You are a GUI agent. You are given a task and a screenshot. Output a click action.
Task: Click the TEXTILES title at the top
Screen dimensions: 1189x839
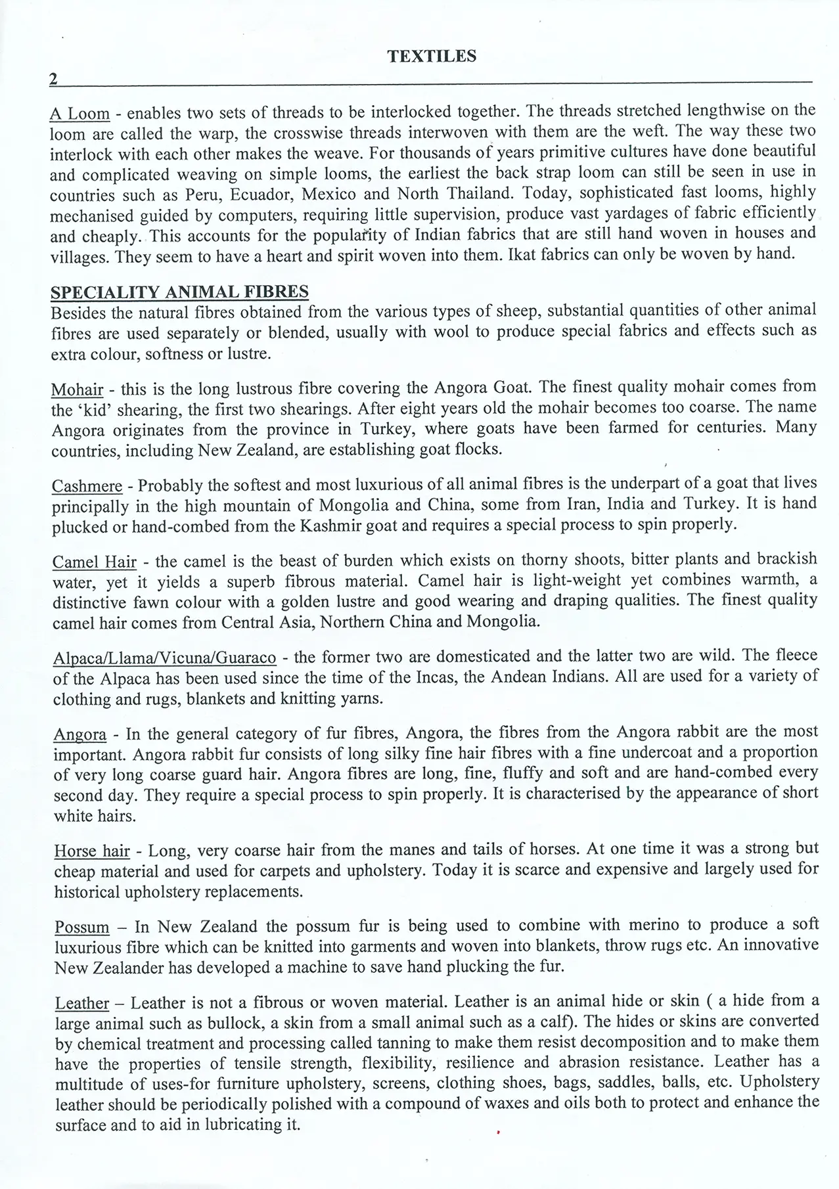point(432,56)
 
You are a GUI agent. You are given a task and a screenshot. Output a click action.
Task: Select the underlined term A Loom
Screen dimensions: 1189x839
point(79,113)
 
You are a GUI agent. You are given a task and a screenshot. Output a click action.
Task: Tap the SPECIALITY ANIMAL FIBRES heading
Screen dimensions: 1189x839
point(179,292)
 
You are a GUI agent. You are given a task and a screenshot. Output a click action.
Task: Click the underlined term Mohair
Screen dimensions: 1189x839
point(77,389)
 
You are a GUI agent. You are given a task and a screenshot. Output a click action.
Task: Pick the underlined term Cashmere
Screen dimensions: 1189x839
point(87,486)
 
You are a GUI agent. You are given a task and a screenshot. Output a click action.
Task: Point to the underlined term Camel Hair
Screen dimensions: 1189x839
point(95,562)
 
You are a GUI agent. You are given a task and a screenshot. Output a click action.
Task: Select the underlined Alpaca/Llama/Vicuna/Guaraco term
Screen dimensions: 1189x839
point(164,658)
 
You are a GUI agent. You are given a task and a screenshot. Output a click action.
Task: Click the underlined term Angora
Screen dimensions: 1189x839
point(80,734)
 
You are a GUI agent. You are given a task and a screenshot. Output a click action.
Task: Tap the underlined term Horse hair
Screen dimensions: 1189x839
point(92,851)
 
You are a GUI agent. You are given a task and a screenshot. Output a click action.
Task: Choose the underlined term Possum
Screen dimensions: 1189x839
point(82,928)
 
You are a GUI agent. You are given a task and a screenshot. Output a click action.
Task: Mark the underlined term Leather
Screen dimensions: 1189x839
point(82,1003)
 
